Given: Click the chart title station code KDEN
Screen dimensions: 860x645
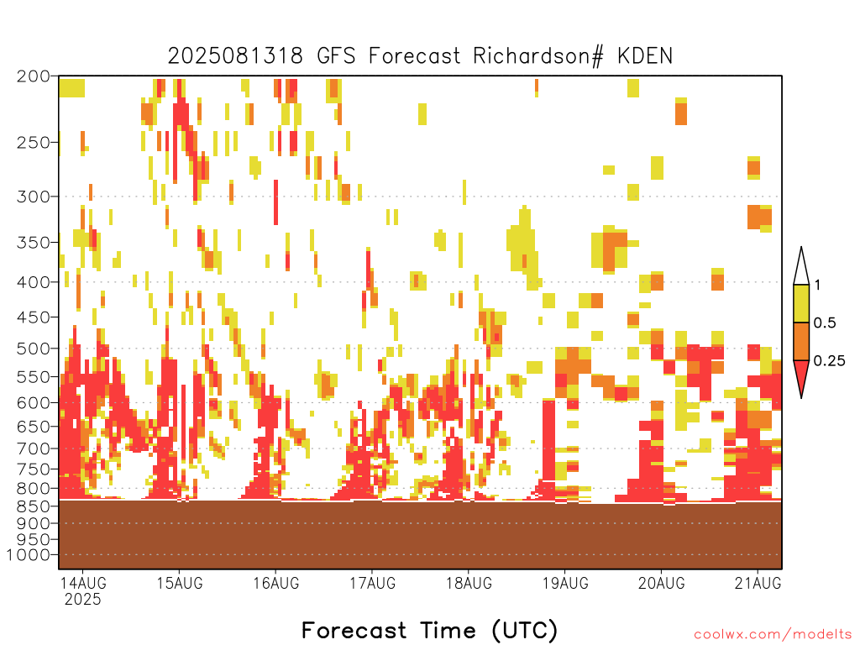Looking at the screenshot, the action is (644, 56).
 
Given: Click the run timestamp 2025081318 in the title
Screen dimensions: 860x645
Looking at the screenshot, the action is (235, 56).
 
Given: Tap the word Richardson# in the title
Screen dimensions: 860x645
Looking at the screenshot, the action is (538, 56).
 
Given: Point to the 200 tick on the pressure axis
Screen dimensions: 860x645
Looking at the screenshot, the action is (34, 76).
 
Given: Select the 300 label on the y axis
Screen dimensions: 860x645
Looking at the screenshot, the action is (34, 197).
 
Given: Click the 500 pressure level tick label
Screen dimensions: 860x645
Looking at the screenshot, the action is (34, 349).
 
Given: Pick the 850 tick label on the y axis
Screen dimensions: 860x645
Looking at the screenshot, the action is (34, 506).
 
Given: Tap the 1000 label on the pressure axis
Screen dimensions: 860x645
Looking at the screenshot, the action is (29, 555).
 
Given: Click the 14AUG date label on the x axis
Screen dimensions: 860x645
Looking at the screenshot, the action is (83, 583).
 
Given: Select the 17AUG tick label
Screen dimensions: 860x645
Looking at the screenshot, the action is (372, 583).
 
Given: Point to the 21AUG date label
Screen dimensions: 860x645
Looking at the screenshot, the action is (758, 583).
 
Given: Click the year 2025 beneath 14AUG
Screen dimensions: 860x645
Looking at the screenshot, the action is (83, 600).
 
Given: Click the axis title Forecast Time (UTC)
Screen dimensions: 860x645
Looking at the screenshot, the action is (429, 630).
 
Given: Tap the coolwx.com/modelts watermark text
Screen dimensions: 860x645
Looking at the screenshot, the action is (773, 635).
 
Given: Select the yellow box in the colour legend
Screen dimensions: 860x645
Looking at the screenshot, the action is (801, 303).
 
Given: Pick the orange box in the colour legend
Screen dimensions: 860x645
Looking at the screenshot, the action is (801, 341).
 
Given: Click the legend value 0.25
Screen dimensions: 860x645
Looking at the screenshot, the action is (829, 360).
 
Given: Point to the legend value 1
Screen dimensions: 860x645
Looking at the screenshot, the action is (817, 285).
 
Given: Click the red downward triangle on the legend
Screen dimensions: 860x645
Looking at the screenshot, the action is (801, 375).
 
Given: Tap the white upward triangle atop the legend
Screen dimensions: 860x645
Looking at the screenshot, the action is (801, 269).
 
